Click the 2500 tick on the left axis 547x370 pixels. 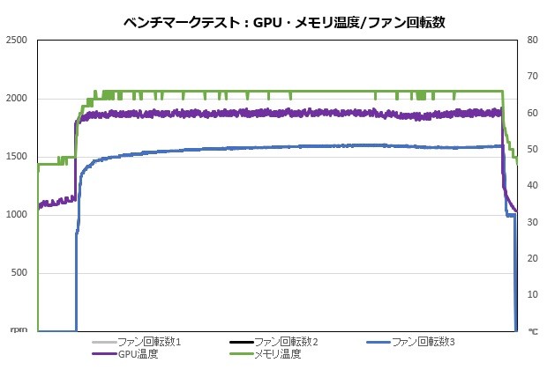[15, 41]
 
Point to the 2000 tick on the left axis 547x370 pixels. [15, 99]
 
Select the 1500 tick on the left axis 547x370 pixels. [15, 157]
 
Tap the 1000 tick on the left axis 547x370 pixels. [15, 215]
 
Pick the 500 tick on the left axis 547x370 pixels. [19, 273]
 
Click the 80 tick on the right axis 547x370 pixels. [532, 41]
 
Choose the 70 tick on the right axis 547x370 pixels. [532, 77]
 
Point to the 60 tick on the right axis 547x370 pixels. [532, 114]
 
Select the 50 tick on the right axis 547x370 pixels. [532, 150]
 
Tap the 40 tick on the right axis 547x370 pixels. [532, 186]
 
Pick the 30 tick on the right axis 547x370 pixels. [532, 222]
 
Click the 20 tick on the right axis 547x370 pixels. [532, 259]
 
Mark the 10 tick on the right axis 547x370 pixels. [532, 295]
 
